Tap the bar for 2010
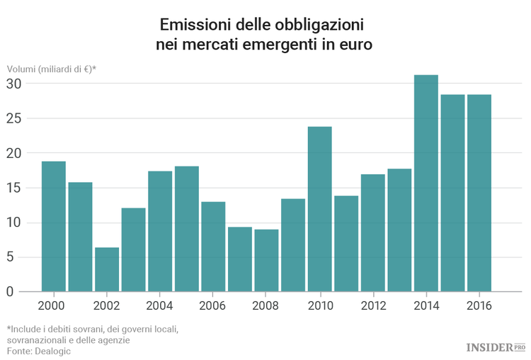(319, 209)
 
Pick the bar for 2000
(54, 226)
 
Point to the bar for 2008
(266, 260)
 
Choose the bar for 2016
(479, 193)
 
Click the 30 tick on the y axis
(15, 84)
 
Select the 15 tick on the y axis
(15, 188)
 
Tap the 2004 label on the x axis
(160, 306)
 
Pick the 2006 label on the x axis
(213, 306)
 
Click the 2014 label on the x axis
(426, 306)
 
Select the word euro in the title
(355, 44)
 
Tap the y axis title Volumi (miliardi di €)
(52, 69)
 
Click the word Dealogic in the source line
(54, 351)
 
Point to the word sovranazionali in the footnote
(39, 340)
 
